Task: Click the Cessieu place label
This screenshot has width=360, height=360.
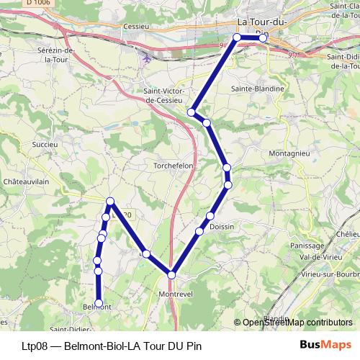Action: [135, 27]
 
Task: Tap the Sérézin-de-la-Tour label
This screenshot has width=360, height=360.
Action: [60, 55]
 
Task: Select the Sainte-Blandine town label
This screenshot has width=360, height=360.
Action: [257, 89]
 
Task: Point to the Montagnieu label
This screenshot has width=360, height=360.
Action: [288, 154]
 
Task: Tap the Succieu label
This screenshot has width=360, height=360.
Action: [44, 144]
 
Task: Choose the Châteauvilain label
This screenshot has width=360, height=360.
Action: [26, 182]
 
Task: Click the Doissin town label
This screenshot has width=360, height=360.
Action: [225, 227]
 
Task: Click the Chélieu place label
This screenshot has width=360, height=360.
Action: [347, 234]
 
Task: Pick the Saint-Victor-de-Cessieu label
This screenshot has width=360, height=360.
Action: [166, 96]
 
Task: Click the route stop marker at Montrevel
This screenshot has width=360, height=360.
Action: [171, 274]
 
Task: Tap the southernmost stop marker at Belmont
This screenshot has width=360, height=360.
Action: [99, 303]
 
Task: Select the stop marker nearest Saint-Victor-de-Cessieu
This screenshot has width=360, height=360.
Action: [192, 112]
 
